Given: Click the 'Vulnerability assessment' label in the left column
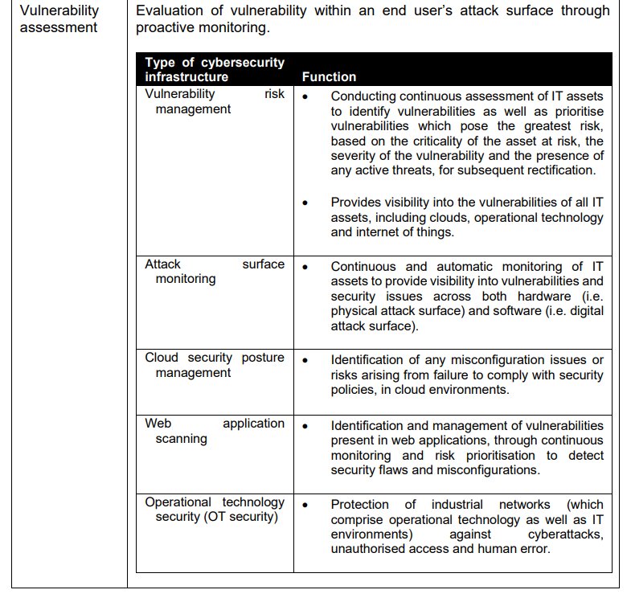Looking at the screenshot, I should click(x=59, y=19).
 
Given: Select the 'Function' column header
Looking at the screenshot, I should click(x=329, y=76).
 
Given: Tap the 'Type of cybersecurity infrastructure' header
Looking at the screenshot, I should click(x=215, y=69).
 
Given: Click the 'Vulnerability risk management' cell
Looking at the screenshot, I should click(x=215, y=101).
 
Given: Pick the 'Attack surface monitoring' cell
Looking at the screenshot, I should click(x=215, y=272).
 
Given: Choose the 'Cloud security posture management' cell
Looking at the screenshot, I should click(x=215, y=365).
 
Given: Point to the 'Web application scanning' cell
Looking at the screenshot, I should click(x=215, y=431).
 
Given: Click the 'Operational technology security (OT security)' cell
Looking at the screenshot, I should click(x=215, y=509).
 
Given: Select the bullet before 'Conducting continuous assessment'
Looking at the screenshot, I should click(x=305, y=96).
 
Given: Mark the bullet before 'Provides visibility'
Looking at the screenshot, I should click(x=305, y=203).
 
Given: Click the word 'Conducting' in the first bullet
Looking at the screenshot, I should click(x=363, y=96).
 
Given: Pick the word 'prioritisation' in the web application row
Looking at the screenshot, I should click(x=464, y=455).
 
